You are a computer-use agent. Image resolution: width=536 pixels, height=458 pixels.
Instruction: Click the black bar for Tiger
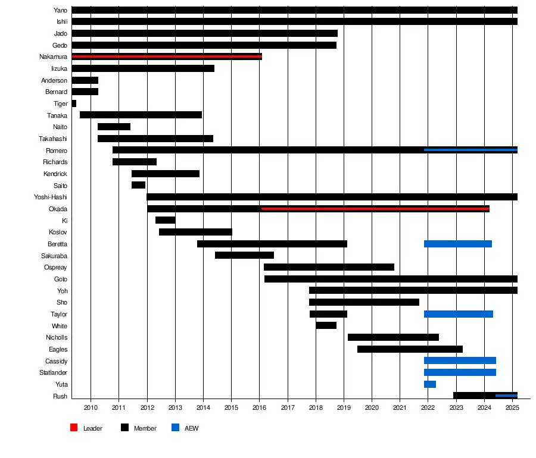click(x=74, y=103)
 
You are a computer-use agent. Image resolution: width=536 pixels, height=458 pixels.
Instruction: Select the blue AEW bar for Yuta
click(x=430, y=384)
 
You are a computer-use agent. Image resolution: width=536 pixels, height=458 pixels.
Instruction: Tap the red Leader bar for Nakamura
click(x=167, y=57)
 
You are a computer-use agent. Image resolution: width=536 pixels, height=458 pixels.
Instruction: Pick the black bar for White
click(x=326, y=325)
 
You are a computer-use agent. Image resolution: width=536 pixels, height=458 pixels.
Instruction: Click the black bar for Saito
click(x=138, y=185)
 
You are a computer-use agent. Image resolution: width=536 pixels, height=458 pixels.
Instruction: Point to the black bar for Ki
click(x=166, y=220)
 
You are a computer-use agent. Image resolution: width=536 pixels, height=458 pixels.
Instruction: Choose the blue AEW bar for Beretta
click(x=458, y=244)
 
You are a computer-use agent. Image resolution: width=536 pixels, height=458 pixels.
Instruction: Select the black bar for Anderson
click(x=85, y=80)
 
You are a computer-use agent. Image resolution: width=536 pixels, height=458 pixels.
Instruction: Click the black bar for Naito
click(x=114, y=127)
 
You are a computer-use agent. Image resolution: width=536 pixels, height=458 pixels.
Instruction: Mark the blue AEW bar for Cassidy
click(x=460, y=360)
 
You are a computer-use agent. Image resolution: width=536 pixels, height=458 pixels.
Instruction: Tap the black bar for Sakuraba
click(x=244, y=255)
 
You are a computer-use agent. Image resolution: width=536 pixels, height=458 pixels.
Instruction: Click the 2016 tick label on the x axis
click(x=260, y=408)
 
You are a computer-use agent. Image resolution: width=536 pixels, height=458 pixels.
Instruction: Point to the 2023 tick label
click(x=457, y=408)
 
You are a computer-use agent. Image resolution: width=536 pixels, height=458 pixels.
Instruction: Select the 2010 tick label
click(x=91, y=408)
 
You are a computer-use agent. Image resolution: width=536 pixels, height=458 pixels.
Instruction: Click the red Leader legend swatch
click(x=74, y=428)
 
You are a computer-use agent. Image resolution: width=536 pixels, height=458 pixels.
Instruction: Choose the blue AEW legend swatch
click(x=175, y=428)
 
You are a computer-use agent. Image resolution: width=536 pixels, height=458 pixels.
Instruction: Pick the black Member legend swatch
click(x=124, y=428)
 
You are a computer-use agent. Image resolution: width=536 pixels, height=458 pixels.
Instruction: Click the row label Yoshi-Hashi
click(x=51, y=197)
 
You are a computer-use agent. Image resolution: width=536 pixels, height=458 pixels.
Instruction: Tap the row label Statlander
click(x=53, y=373)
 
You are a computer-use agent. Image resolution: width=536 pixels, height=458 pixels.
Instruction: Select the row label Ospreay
click(x=55, y=267)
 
